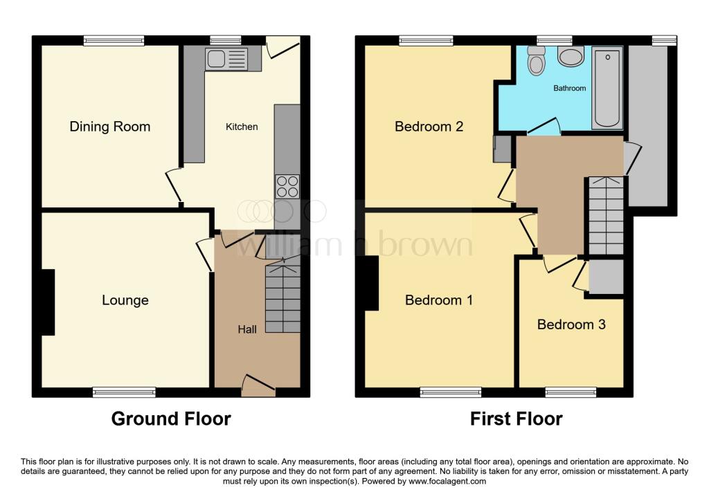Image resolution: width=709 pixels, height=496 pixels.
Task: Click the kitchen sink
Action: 226,59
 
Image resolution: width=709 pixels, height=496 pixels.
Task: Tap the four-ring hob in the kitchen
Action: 287,187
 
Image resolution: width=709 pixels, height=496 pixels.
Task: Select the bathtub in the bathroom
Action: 607,88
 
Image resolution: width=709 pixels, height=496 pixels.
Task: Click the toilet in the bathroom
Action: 536,62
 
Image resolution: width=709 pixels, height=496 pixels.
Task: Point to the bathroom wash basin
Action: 571,57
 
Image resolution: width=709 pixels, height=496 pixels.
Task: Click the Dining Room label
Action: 109,127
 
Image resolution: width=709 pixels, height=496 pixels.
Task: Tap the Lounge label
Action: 125,300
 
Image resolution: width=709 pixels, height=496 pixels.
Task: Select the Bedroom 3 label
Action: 571,324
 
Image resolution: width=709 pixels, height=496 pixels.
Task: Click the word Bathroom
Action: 569,89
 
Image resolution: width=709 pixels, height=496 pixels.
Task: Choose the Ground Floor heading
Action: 171,419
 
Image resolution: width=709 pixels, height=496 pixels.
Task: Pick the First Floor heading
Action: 516,419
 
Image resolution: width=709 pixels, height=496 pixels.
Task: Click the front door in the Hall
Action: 257,385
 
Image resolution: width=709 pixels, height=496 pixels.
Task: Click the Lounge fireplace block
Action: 48,302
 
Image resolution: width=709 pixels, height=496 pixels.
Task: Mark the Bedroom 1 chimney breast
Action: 371,283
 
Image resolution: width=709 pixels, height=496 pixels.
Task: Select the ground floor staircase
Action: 282,296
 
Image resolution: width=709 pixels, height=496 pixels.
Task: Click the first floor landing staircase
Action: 606,216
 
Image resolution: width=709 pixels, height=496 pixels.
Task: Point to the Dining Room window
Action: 114,41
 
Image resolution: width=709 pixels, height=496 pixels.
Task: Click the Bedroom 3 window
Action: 571,392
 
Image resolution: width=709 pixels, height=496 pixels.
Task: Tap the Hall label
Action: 247,329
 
